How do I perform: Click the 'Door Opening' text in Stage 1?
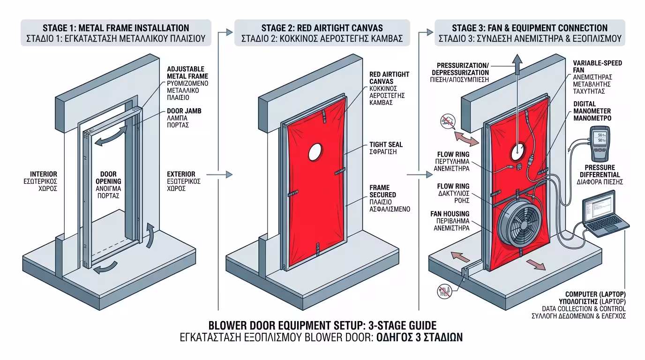[108, 181]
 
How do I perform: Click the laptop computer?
[603, 216]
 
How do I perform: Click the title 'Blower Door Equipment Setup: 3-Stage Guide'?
[322, 325]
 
